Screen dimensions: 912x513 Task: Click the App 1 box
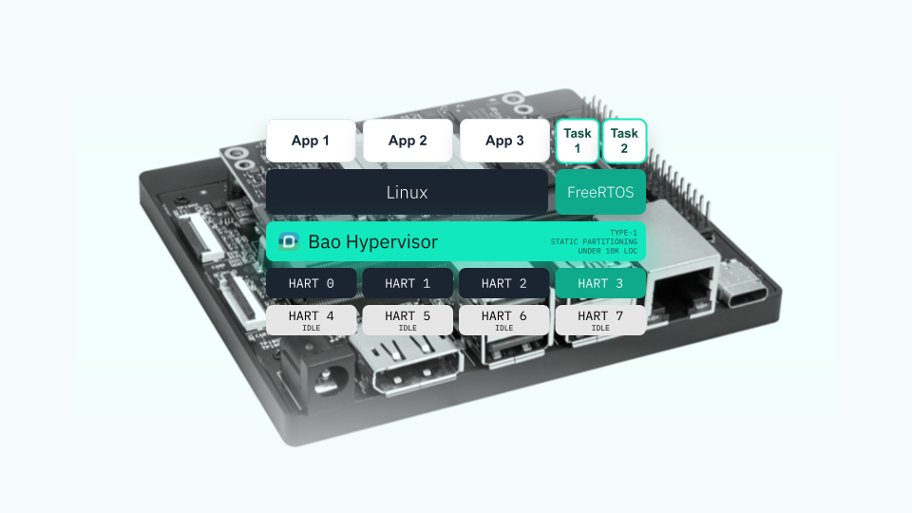tap(311, 141)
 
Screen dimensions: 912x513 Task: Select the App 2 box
tap(408, 141)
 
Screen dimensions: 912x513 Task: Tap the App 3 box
tap(504, 141)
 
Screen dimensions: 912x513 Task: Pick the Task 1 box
tap(578, 141)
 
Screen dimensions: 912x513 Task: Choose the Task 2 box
tap(624, 141)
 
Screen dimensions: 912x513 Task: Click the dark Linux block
tap(408, 192)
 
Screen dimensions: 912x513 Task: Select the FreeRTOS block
tap(600, 192)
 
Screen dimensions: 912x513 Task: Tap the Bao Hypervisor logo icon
tap(289, 241)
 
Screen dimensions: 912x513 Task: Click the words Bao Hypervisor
tap(372, 242)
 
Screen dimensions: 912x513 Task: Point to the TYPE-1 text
tap(623, 233)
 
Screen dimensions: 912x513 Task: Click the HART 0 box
tap(312, 283)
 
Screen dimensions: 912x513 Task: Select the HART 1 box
tap(408, 283)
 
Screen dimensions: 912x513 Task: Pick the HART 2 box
tap(504, 283)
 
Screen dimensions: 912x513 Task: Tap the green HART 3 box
tap(600, 283)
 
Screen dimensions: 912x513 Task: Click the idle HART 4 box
tap(312, 320)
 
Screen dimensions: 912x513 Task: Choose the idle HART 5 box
tap(408, 320)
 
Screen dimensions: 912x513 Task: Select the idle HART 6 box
tap(504, 320)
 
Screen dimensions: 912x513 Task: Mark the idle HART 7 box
tap(600, 320)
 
